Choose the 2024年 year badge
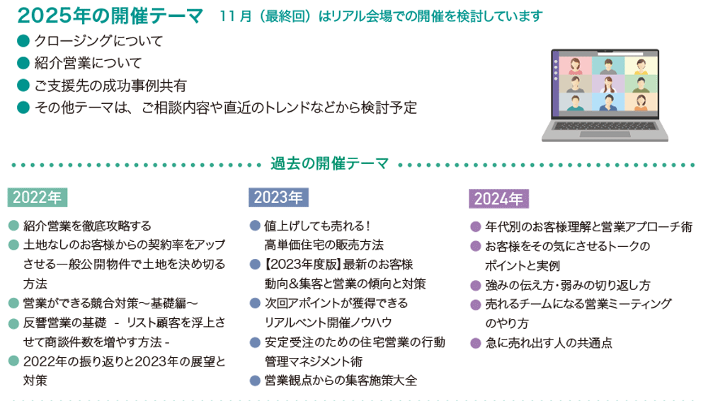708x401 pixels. point(498,198)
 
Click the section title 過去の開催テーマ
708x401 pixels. point(329,164)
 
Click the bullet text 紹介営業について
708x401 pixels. point(88,63)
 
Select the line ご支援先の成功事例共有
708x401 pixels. point(110,86)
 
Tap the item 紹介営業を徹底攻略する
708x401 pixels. point(87,226)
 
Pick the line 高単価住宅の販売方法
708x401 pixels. point(324,245)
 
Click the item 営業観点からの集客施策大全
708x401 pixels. point(341,380)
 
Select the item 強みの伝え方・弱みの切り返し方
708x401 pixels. point(568,285)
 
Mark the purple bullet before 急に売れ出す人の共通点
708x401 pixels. point(475,343)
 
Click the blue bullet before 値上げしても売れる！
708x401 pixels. point(255,226)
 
